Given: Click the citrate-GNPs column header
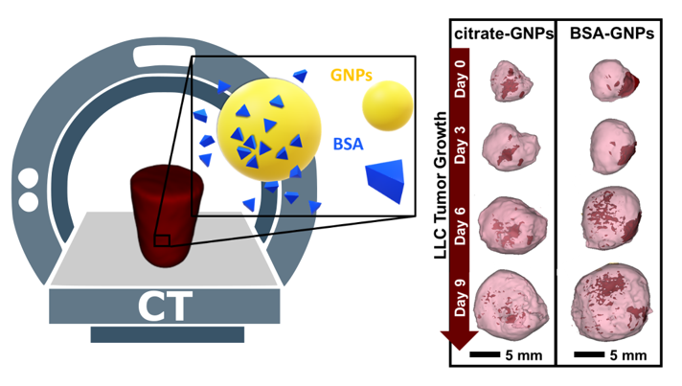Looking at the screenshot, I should [504, 34].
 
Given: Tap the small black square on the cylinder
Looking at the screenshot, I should [162, 238].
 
